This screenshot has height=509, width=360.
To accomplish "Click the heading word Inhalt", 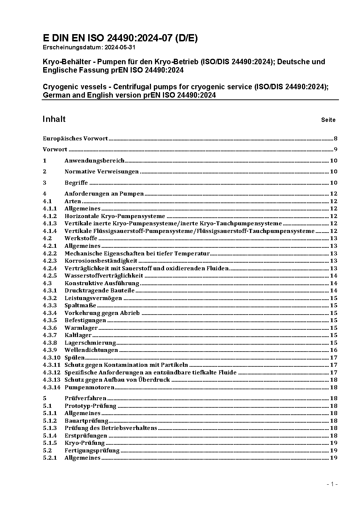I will [54, 119].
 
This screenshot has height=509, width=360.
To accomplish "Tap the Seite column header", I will [328, 120].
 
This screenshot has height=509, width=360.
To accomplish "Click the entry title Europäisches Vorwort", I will [75, 139].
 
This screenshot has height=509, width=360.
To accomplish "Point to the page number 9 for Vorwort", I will [335, 149].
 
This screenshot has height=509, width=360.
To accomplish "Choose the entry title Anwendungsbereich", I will [94, 161].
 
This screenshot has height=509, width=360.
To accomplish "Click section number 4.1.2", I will [50, 216].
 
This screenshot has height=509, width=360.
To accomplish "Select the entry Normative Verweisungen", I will [102, 172].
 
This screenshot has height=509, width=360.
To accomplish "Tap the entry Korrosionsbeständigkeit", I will [101, 261].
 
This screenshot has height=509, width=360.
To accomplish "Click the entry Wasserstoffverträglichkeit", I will [104, 276].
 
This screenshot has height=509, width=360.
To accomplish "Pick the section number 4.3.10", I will [51, 358].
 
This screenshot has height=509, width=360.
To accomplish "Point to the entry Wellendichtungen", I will [91, 350].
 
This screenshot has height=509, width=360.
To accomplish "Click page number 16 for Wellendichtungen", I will [334, 350].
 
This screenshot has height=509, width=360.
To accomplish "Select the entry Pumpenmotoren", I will [89, 387].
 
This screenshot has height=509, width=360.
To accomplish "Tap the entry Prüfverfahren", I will [85, 398].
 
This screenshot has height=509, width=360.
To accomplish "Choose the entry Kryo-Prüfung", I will [85, 443].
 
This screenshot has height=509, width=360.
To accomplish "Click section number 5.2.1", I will [50, 458].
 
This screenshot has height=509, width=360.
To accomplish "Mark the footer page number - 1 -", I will [332, 484].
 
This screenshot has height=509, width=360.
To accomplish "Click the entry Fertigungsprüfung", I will [92, 451].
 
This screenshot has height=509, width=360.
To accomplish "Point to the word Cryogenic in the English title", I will [59, 87].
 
